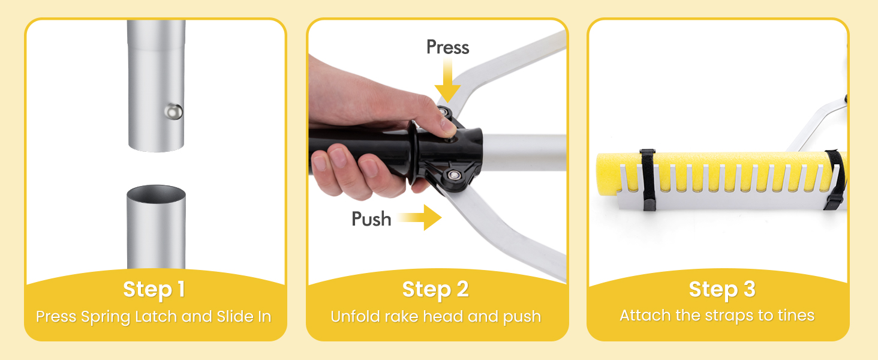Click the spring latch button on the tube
pyautogui.click(x=173, y=112)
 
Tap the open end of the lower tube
pyautogui.click(x=156, y=194)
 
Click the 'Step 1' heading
pyautogui.click(x=154, y=289)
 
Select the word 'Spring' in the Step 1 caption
pyautogui.click(x=106, y=317)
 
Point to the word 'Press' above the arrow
pyautogui.click(x=447, y=47)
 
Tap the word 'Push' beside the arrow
pyautogui.click(x=371, y=219)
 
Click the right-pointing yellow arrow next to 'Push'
pyautogui.click(x=419, y=217)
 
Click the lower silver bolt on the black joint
pyautogui.click(x=454, y=175)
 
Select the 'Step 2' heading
pyautogui.click(x=435, y=289)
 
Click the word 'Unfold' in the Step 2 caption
pyautogui.click(x=355, y=316)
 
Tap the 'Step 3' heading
pyautogui.click(x=722, y=289)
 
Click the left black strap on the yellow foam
pyautogui.click(x=648, y=180)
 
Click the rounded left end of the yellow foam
pyautogui.click(x=601, y=175)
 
